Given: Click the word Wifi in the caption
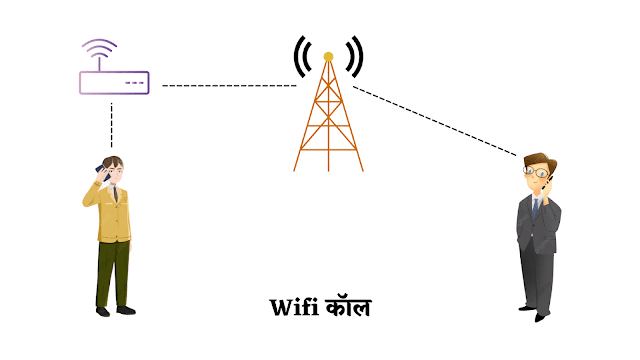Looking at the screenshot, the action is coord(294,308).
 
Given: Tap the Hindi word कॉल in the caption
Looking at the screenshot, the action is coord(347,307).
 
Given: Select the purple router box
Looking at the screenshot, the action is coord(114,82).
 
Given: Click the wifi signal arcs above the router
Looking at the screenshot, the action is coord(100,51).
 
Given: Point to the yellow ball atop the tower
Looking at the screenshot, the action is coord(327,56).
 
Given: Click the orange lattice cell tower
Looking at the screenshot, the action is coord(327,120).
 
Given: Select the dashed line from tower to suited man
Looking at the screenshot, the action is coord(435,121).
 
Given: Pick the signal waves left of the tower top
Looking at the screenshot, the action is coord(299,56).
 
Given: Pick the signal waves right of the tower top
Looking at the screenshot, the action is coord(356,56).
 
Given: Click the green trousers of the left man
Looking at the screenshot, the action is coord(112,270).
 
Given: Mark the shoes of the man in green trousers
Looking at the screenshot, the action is coord(112,309).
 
